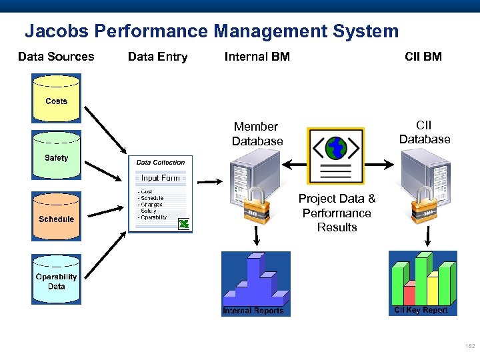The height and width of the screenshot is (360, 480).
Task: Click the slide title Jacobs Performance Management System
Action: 211,31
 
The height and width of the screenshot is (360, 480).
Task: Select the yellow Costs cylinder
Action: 57,99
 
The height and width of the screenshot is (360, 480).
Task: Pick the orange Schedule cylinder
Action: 57,215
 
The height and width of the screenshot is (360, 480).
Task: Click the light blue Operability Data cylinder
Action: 57,279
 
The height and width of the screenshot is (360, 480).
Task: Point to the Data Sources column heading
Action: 56,57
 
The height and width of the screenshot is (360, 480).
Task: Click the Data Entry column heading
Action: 157,57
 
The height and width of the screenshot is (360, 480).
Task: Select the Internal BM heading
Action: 257,57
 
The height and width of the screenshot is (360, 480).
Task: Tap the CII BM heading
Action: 423,57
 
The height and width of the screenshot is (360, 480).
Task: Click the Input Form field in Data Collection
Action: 160,178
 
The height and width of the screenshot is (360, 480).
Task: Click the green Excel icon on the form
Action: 184,224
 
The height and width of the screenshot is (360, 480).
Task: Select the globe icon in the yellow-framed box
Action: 335,147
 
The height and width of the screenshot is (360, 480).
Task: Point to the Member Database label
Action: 257,133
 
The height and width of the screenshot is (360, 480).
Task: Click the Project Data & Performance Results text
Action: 337,213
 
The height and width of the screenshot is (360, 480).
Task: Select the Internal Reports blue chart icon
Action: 255,283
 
